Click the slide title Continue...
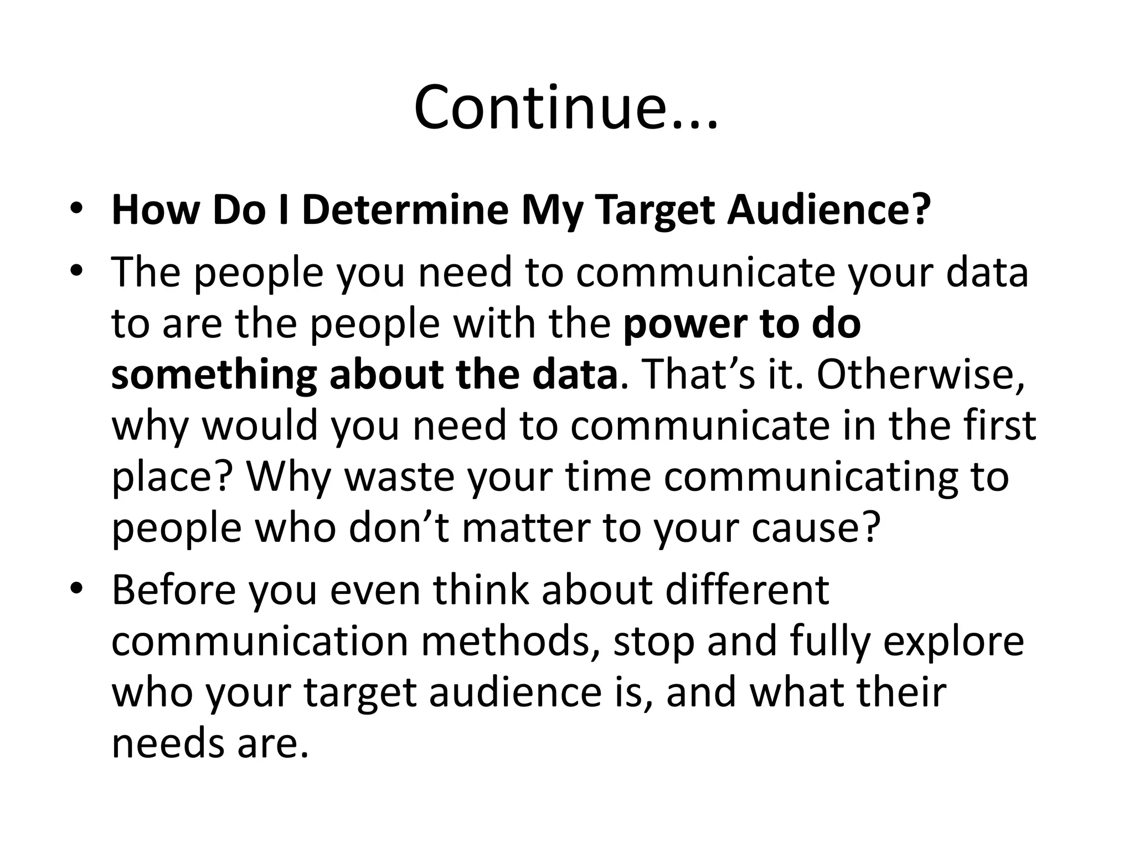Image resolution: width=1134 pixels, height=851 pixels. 565,107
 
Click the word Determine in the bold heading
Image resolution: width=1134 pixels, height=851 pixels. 405,211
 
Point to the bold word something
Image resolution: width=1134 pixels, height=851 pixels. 214,376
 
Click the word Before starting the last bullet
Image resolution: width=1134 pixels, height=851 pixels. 174,590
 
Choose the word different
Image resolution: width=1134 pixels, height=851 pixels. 747,590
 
